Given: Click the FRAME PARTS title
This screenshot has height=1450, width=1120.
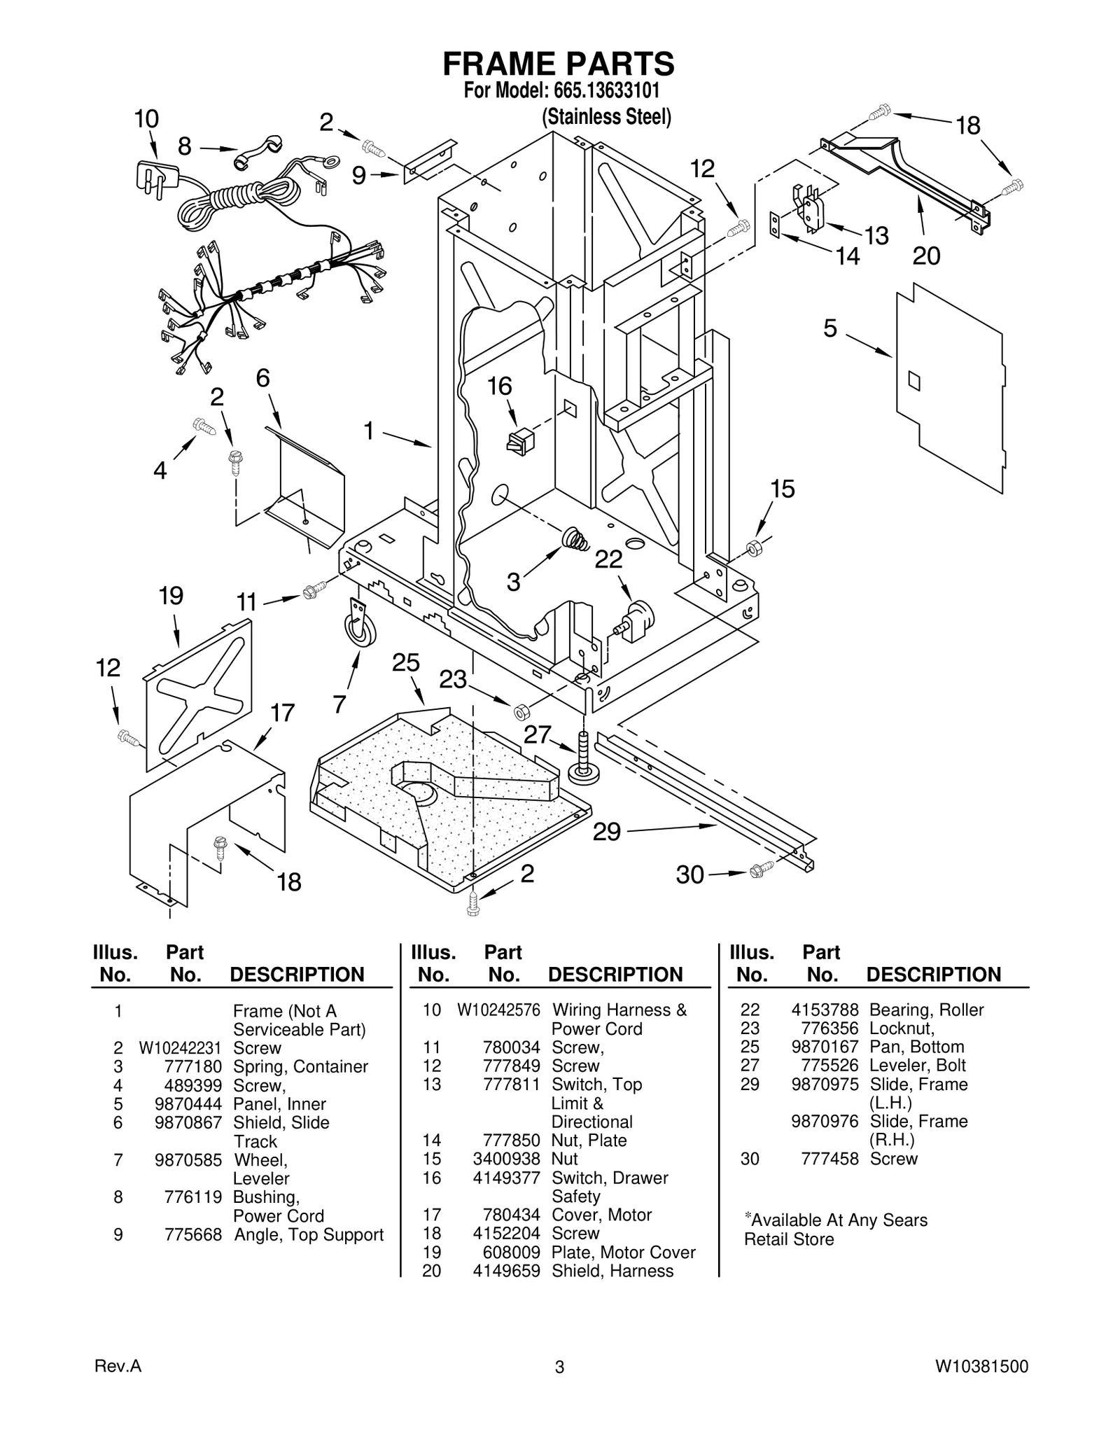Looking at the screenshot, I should [x=559, y=64].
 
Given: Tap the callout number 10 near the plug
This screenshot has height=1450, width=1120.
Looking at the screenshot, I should [x=146, y=119].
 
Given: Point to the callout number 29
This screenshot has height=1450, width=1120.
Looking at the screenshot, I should [x=606, y=832].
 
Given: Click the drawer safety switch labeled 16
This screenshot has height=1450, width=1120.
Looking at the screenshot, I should [x=520, y=442].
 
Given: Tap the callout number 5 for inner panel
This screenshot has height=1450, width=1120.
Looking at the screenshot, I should [x=829, y=328].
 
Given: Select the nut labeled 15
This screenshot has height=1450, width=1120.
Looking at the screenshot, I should [x=755, y=548].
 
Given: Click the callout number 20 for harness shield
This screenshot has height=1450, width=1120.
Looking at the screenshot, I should [x=926, y=256].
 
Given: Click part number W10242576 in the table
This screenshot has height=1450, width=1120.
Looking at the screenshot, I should [x=498, y=1010].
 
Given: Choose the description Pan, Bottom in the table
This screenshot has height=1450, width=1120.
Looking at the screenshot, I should [x=916, y=1047].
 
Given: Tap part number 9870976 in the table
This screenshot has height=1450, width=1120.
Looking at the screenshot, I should [x=825, y=1121].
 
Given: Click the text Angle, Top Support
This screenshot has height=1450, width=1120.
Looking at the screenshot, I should [x=309, y=1234].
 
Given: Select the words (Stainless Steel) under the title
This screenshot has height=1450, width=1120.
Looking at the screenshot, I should [x=606, y=117].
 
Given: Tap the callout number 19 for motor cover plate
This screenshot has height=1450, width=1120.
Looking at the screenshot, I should [x=171, y=596].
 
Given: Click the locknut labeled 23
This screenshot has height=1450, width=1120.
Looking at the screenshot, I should [x=521, y=712].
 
